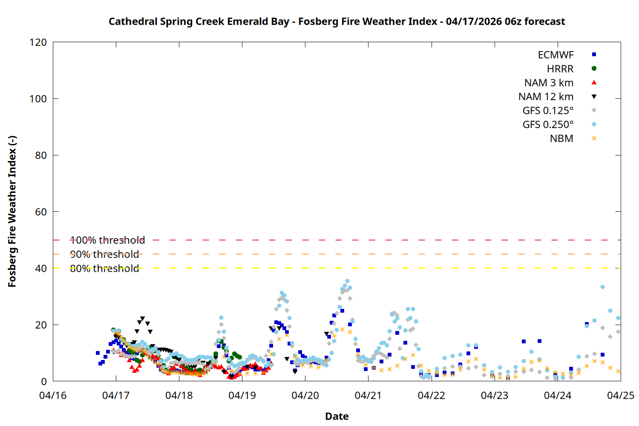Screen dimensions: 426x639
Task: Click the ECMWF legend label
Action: [x=556, y=55]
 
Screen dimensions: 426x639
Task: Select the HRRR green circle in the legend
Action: [x=594, y=69]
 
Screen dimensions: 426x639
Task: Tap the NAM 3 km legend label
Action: [x=549, y=83]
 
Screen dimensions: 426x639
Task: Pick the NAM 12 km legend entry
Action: [x=546, y=97]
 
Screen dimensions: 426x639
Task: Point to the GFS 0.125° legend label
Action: [x=548, y=111]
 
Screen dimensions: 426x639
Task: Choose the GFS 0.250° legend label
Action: [x=548, y=125]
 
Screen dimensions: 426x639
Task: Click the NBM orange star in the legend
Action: [x=594, y=138]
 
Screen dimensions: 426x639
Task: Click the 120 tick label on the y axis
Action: [x=38, y=43]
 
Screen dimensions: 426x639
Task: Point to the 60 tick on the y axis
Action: [x=41, y=212]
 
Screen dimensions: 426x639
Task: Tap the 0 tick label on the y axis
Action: [x=44, y=382]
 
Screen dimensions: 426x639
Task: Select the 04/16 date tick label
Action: [x=53, y=396]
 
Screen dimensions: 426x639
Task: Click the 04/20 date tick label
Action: [x=305, y=396]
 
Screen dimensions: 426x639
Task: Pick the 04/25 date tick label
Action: [x=621, y=396]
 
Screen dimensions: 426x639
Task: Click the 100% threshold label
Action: [x=107, y=240]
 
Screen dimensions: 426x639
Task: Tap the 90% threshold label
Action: [x=104, y=254]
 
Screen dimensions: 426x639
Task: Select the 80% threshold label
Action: [x=104, y=268]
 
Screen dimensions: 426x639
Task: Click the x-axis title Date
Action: [x=337, y=416]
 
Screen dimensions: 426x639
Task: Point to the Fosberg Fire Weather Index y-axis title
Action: [x=12, y=212]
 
